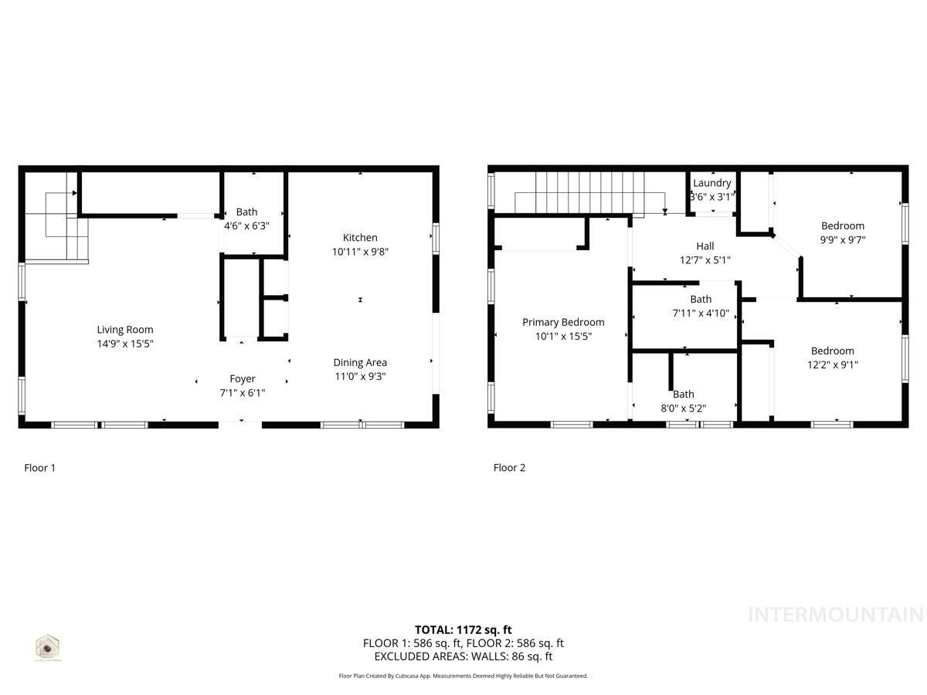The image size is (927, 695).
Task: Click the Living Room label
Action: tap(124, 330)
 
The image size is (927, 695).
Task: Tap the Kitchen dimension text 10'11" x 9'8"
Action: tap(360, 252)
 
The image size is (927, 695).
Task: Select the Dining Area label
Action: tap(360, 362)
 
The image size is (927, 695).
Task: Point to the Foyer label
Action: tap(243, 378)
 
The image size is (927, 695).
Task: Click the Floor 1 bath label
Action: tap(247, 212)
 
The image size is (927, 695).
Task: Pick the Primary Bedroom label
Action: tap(563, 322)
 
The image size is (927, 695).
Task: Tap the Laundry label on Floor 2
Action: tap(711, 183)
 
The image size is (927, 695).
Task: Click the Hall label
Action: tap(705, 246)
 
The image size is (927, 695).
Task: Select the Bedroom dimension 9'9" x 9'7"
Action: tap(842, 240)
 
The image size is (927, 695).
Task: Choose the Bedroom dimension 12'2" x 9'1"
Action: tap(832, 365)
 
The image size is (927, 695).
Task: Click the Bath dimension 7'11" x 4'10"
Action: tap(701, 314)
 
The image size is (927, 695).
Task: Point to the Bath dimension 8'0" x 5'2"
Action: tap(684, 409)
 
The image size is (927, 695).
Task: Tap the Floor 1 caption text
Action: tap(39, 467)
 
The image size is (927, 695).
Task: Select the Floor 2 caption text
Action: tap(509, 467)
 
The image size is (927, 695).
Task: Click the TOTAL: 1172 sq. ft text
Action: tap(463, 629)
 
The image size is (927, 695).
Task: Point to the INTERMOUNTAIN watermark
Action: tap(835, 615)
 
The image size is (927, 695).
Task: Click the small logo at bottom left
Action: tap(48, 647)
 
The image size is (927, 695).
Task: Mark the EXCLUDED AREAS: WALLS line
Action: tap(463, 656)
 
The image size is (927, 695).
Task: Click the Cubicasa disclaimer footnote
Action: tap(463, 676)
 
